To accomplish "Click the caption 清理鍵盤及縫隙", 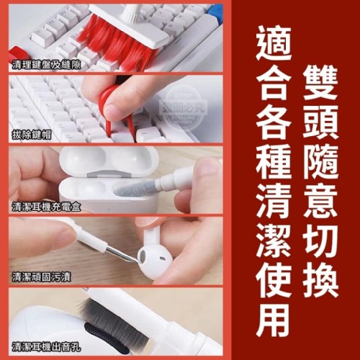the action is coord(46,65).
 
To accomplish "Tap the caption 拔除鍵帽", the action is coord(32,135).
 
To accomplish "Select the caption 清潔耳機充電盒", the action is coord(46,207).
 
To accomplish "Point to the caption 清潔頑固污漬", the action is coord(41,277).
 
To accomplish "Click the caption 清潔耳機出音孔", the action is coord(46,347).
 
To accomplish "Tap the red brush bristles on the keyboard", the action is coord(115,45).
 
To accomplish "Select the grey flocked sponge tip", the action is coord(135,189).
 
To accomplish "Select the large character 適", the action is coord(274,43).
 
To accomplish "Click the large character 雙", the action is coord(320,82).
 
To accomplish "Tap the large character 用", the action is coord(274,320).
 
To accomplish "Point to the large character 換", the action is coord(320,281).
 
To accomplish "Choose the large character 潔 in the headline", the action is coord(274,240).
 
